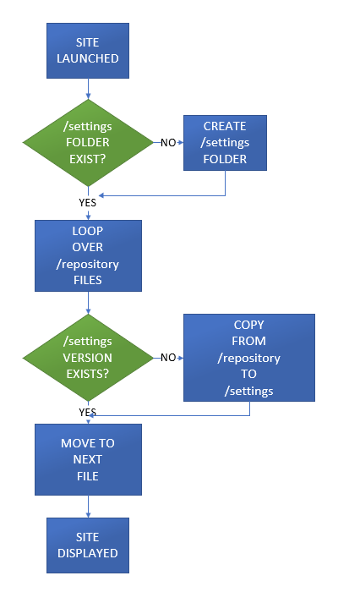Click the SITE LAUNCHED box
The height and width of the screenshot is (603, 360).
coord(88,51)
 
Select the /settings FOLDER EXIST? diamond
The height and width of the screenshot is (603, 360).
coord(88,143)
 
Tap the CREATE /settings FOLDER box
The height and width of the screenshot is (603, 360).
coord(225,143)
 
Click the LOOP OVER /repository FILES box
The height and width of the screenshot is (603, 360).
coord(88,255)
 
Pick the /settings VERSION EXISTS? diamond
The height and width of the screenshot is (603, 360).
coord(88,358)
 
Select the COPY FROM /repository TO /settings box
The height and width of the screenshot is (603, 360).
coord(248,358)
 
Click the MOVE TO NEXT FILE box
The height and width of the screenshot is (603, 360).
coord(88,459)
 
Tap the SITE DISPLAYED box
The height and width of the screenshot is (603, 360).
coord(88,545)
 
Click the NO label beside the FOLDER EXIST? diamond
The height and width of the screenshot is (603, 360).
coord(168,143)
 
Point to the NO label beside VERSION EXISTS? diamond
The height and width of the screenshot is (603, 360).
coord(168,358)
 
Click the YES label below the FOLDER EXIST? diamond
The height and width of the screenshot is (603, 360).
coord(88,203)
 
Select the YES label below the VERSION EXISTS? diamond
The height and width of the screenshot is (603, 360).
coord(88,412)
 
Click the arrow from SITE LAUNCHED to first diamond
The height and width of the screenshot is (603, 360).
coord(88,89)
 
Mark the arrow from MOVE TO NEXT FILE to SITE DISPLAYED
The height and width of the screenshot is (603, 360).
coord(88,506)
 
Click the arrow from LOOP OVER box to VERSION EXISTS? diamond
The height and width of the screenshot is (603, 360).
coord(88,303)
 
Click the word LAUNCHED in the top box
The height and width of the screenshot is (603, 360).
coord(88,59)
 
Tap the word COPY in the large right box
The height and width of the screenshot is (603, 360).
coord(248,326)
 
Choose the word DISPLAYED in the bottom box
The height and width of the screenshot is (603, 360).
coord(88,553)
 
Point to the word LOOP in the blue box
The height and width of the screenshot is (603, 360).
coord(88,231)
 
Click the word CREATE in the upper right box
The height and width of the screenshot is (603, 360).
coord(225,127)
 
